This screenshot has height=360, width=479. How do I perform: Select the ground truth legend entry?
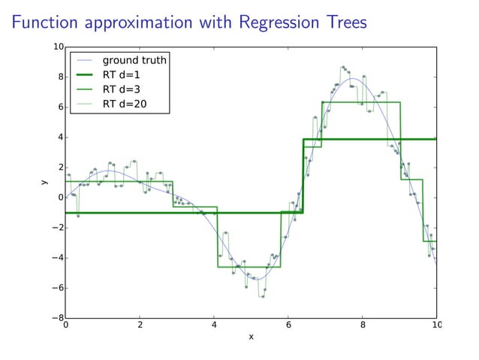click(134, 59)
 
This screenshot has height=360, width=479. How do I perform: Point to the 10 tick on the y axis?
click(57, 47)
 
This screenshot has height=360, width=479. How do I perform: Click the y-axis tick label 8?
click(60, 77)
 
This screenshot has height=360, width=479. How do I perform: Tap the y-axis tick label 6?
click(60, 107)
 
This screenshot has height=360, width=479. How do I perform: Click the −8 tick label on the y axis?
click(57, 318)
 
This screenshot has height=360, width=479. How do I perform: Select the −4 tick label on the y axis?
click(57, 258)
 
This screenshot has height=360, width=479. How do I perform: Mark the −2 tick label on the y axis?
click(57, 228)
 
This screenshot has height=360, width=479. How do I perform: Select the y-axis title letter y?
click(44, 183)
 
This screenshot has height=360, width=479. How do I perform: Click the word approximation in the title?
click(143, 24)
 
